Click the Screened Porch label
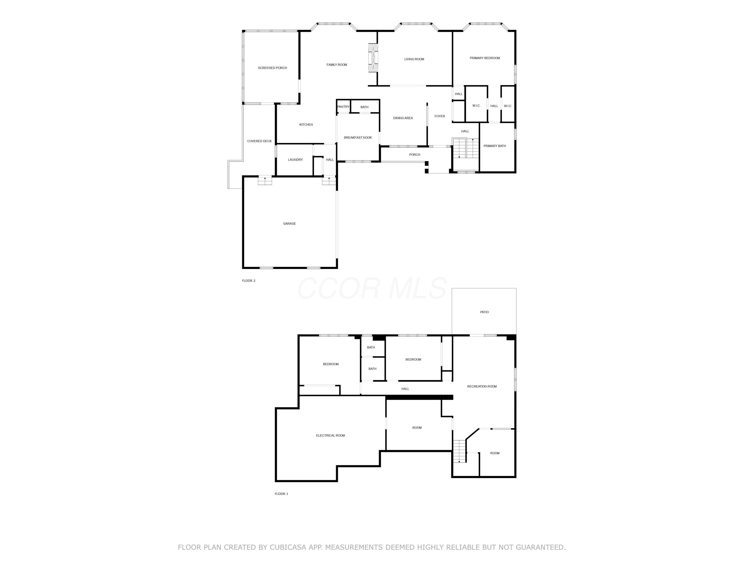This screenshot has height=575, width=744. [x=272, y=68]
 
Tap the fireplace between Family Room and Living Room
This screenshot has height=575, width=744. [x=373, y=58]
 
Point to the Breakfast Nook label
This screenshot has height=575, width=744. [x=358, y=138]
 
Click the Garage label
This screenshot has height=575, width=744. [x=289, y=224]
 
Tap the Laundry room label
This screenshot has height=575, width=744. [x=295, y=160]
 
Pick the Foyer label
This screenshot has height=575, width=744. [x=439, y=116]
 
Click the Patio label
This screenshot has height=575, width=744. [x=484, y=312]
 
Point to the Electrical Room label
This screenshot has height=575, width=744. [x=330, y=435]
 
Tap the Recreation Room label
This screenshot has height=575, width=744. [x=482, y=386]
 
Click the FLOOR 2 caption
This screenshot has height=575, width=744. [x=248, y=281]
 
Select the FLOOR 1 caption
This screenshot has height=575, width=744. [x=281, y=494]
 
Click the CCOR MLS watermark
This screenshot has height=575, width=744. [x=372, y=288]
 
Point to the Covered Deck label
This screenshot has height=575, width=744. [x=259, y=141]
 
